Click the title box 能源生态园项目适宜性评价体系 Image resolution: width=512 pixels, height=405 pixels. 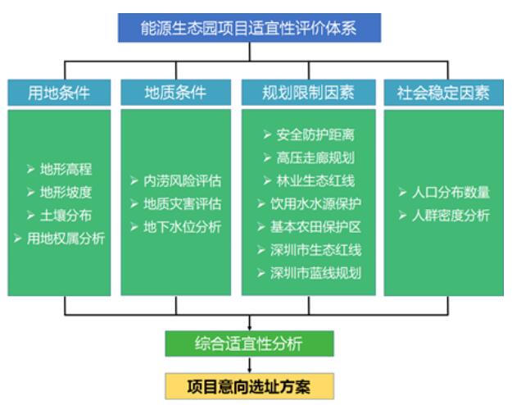250,28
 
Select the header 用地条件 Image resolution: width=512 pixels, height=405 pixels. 59,93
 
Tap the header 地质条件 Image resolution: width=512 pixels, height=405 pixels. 175,93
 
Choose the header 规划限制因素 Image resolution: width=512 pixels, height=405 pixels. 309,93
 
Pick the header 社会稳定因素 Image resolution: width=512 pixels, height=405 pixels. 444,93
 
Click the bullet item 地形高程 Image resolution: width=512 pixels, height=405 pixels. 60,170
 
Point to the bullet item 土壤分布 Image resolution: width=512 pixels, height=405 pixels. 60,216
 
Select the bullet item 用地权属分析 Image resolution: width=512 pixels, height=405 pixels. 60,239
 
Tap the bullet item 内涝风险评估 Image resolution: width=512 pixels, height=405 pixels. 175,180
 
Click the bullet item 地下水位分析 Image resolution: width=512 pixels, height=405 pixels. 175,227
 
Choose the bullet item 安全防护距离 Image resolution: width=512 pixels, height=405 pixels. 309,134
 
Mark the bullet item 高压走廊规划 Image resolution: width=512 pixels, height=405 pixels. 309,158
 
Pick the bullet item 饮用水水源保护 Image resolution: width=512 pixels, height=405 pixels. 309,204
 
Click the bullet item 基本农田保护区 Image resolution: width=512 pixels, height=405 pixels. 309,227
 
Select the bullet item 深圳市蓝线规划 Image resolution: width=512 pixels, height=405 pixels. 309,273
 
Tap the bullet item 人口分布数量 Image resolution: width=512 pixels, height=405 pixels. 444,192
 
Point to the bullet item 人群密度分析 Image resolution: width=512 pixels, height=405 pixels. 444,216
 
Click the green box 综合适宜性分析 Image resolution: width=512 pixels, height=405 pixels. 250,344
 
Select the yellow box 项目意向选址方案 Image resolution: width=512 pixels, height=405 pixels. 250,386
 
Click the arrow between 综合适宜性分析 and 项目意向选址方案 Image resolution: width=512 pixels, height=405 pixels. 250,365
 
